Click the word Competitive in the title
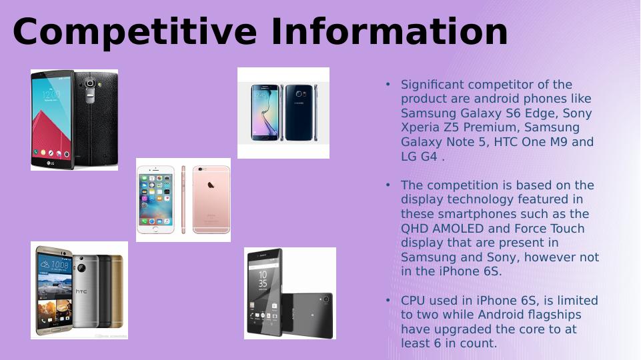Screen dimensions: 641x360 tap(135, 33)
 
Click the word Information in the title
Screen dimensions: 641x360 tap(389, 31)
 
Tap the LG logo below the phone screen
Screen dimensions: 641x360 tap(50, 164)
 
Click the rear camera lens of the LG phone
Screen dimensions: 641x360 tap(89, 84)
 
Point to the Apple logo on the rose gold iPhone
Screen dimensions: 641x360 tap(211, 185)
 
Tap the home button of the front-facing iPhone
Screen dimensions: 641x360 tap(155, 229)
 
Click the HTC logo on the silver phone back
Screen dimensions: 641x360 tap(81, 291)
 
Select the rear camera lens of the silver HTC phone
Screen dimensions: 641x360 tap(81, 269)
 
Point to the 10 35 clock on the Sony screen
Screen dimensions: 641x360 tap(263, 279)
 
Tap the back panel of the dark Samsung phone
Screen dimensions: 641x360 tap(299, 113)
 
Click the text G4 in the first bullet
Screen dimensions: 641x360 tap(430, 157)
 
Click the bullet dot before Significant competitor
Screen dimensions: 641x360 tap(388, 84)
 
